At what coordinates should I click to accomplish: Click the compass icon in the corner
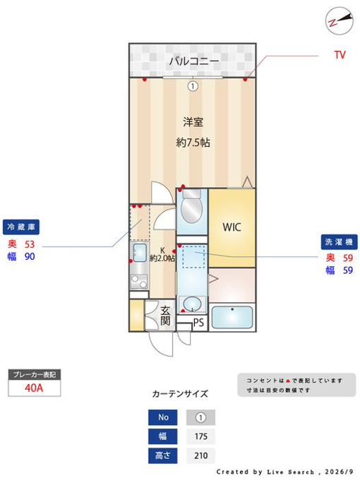pyautogui.click(x=340, y=20)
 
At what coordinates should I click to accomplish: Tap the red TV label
pyautogui.click(x=340, y=55)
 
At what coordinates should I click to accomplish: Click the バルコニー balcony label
pyautogui.click(x=194, y=61)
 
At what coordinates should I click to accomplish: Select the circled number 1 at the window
pyautogui.click(x=193, y=86)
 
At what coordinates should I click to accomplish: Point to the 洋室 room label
pyautogui.click(x=193, y=122)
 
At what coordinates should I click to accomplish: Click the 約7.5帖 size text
pyautogui.click(x=193, y=143)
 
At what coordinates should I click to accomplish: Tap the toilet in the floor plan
pyautogui.click(x=191, y=205)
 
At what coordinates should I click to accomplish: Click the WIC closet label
pyautogui.click(x=232, y=227)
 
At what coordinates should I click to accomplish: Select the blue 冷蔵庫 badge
pyautogui.click(x=21, y=227)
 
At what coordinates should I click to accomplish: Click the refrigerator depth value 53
pyautogui.click(x=30, y=244)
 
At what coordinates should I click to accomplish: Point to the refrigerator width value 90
pyautogui.click(x=30, y=256)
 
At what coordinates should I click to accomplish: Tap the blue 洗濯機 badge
pyautogui.click(x=339, y=242)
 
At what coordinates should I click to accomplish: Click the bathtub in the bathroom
pyautogui.click(x=232, y=317)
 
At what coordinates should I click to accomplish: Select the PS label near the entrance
pyautogui.click(x=198, y=323)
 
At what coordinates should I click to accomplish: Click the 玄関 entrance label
pyautogui.click(x=165, y=316)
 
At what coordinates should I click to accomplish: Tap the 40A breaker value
pyautogui.click(x=34, y=388)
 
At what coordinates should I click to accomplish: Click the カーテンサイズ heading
pyautogui.click(x=180, y=394)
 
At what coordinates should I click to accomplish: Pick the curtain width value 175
pyautogui.click(x=200, y=436)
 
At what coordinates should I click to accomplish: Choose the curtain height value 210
pyautogui.click(x=200, y=455)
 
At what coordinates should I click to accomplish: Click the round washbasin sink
pyautogui.click(x=192, y=304)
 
